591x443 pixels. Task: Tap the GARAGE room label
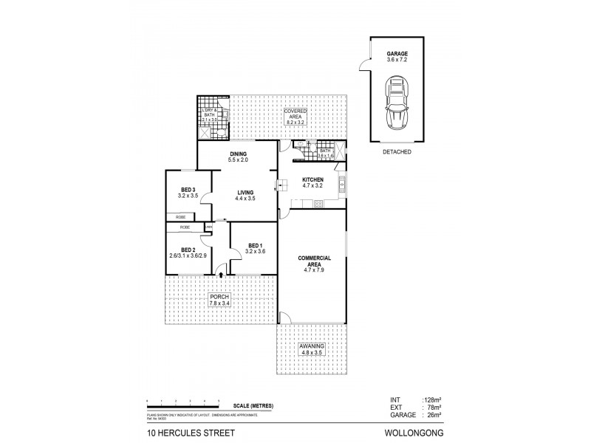tap(397, 54)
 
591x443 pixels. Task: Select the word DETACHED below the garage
tap(397, 152)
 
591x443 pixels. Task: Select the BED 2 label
tap(188, 250)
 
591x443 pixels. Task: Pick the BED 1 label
tap(255, 246)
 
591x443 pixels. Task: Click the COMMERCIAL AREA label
tap(313, 261)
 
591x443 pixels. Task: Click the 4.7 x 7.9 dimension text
tap(313, 269)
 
